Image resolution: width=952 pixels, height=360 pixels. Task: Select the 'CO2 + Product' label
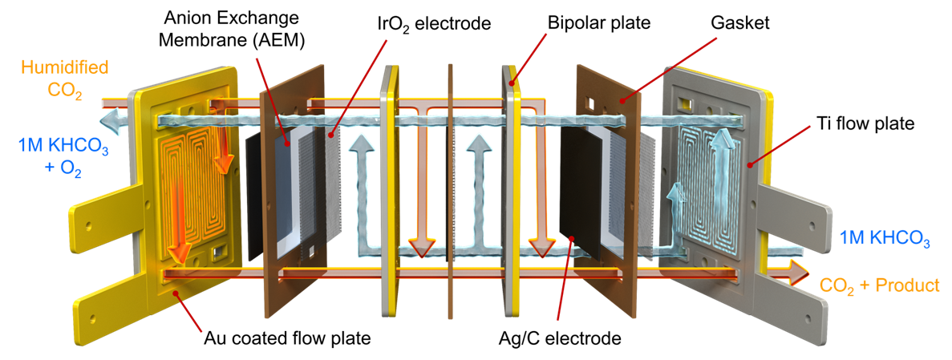click(880, 285)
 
